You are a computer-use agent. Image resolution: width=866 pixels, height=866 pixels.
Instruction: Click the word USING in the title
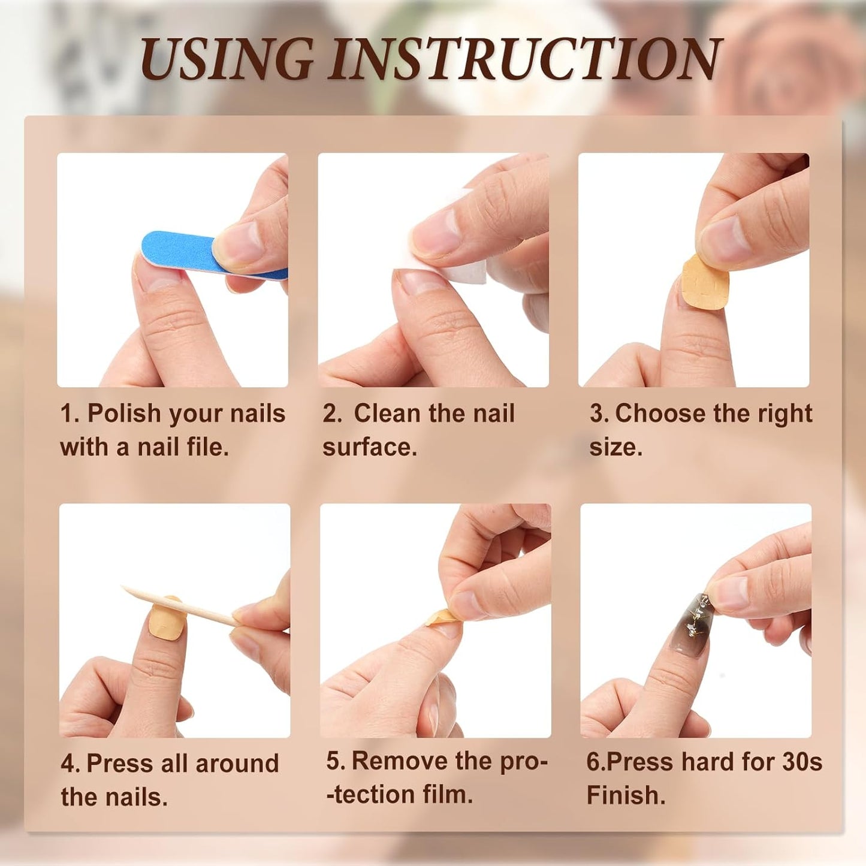[227, 58]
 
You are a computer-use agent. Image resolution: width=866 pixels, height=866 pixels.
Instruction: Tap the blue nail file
[180, 252]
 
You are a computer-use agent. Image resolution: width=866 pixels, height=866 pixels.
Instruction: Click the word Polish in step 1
[124, 414]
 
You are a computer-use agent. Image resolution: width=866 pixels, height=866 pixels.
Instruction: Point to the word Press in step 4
[119, 764]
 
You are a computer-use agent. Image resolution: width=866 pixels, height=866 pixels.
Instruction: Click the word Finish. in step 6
[626, 795]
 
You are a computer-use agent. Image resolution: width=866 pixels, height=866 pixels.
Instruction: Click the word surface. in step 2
[369, 448]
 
